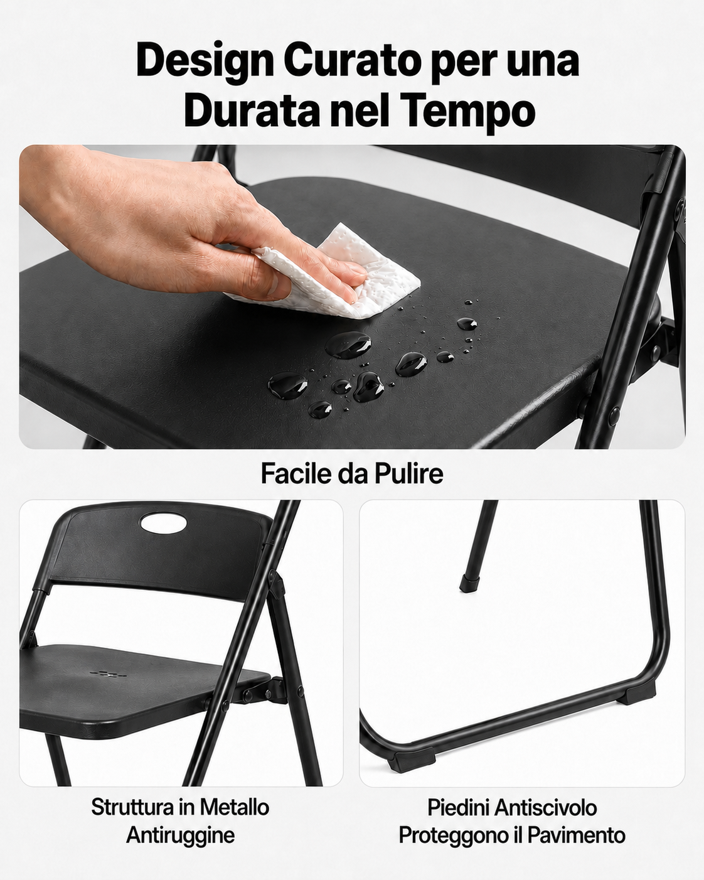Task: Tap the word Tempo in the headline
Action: click(x=467, y=111)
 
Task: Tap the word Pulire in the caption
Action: click(x=409, y=473)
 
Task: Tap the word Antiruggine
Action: click(x=180, y=835)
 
